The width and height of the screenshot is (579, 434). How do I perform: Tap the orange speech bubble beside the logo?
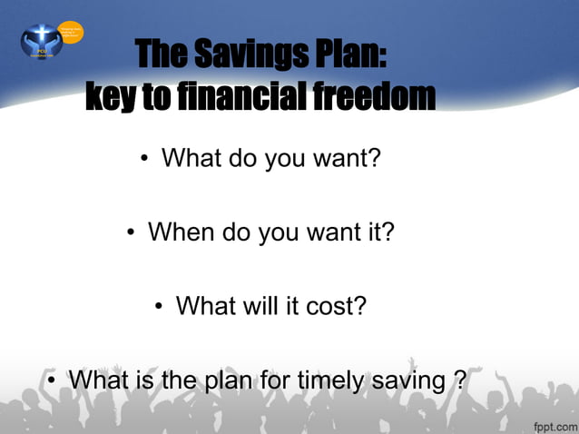coord(72,34)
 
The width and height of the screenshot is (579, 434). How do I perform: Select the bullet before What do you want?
coord(145,161)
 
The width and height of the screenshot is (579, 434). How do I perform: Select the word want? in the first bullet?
coord(346,159)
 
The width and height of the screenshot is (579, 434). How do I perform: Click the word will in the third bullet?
coord(266,305)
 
